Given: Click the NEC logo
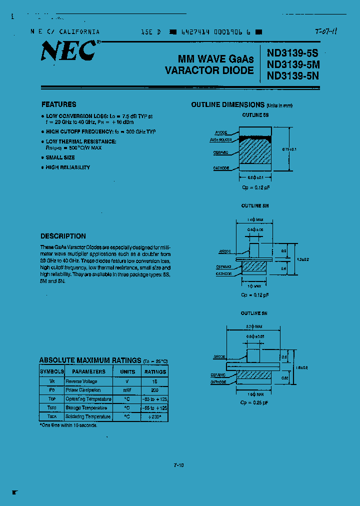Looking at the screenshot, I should coord(69,50).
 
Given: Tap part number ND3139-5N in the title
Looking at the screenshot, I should coord(293,76).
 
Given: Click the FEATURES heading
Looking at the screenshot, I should coord(58,104).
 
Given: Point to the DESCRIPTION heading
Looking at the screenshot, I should coord(63,236).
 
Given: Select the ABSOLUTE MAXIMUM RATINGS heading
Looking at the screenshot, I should coord(90,360).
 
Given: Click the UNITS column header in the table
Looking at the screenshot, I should coord(127,371).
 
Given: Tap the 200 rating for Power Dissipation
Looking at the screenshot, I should coord(155,390).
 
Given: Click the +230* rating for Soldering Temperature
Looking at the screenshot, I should coord(155,416).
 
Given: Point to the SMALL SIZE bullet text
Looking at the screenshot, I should coord(60,157).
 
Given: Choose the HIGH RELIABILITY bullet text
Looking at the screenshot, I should coord(68,167).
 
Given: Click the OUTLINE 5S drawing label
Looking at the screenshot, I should coord(255,115).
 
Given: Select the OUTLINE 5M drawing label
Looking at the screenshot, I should coord(255,205).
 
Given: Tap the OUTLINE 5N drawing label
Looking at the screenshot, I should coord(254,313).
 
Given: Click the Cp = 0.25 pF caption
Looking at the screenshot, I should coord(254,402).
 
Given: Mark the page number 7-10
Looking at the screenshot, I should coord(178,465).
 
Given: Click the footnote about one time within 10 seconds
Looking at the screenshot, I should coord(68,425).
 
